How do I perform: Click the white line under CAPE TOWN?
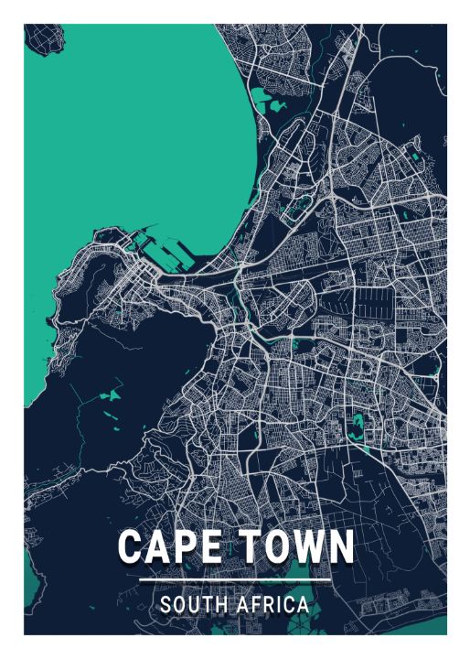click(235, 580)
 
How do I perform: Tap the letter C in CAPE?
click(131, 547)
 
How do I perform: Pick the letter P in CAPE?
click(183, 547)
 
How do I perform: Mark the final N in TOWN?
click(339, 547)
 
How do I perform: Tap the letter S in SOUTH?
click(166, 605)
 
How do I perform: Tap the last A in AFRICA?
click(304, 605)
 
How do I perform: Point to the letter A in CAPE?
click(156, 547)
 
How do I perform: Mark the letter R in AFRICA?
click(268, 605)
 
